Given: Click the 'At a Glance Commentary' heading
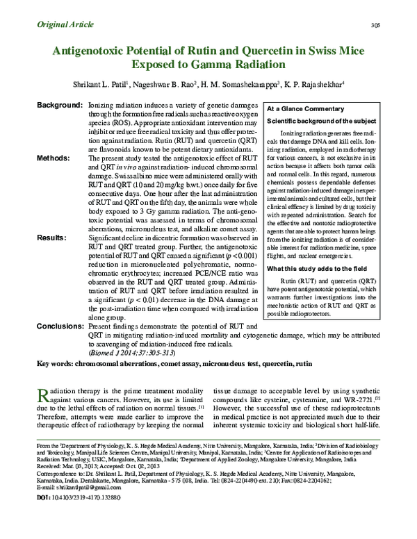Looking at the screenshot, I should (x=311, y=110).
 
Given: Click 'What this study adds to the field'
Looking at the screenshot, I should (x=316, y=268).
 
